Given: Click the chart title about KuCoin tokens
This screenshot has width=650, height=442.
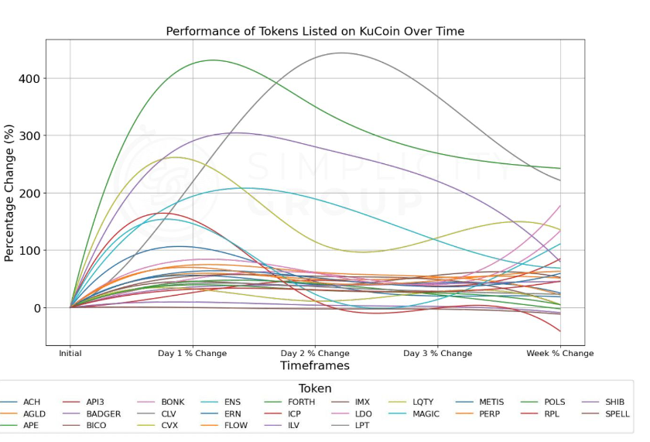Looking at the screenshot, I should click(315, 31).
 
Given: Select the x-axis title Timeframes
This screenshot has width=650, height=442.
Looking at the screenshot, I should click(315, 365).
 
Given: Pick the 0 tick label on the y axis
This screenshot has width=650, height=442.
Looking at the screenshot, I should click(36, 307).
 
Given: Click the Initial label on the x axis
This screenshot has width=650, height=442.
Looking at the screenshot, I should click(70, 353).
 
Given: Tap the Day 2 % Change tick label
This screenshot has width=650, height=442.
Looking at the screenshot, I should click(315, 353).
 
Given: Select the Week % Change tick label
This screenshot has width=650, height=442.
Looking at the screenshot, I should click(560, 353).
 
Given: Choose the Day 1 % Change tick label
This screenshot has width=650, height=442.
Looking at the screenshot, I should click(193, 353).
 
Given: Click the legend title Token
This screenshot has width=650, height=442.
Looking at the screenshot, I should click(315, 389).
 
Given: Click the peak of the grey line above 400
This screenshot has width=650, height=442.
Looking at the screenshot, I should click(341, 53).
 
